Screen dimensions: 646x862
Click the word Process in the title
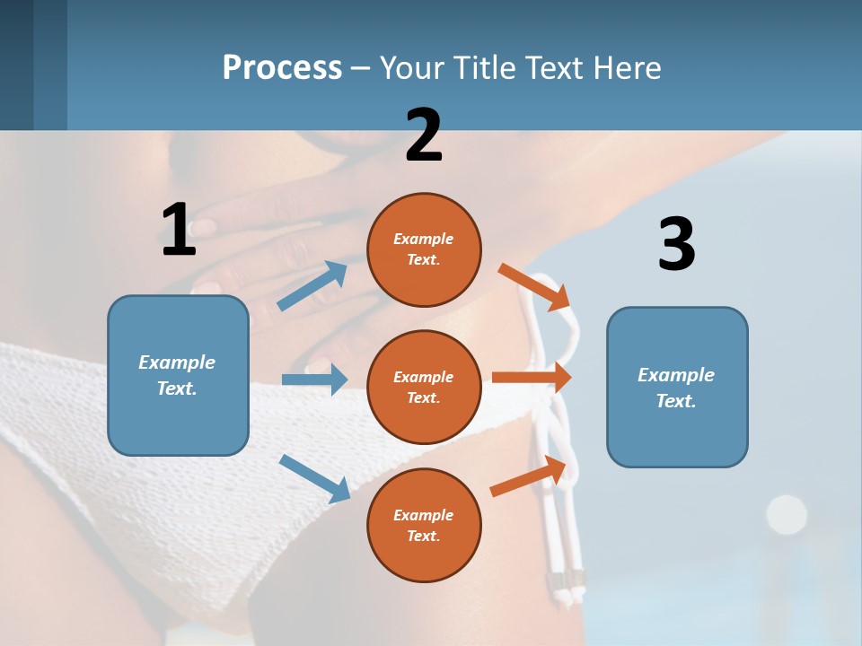point(282,68)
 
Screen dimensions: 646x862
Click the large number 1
point(179,230)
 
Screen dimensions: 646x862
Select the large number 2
point(424,135)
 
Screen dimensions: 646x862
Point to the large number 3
point(676,244)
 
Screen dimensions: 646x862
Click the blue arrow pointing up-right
point(312,286)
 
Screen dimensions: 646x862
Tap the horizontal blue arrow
point(314,380)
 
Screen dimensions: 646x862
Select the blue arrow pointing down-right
point(314,478)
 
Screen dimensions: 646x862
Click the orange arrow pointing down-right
point(535,287)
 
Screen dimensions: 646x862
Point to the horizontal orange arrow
point(532,378)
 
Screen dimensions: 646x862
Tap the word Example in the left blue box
point(177,362)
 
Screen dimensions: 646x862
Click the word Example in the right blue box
point(676,375)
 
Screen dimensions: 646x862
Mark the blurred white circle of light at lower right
point(787,514)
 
